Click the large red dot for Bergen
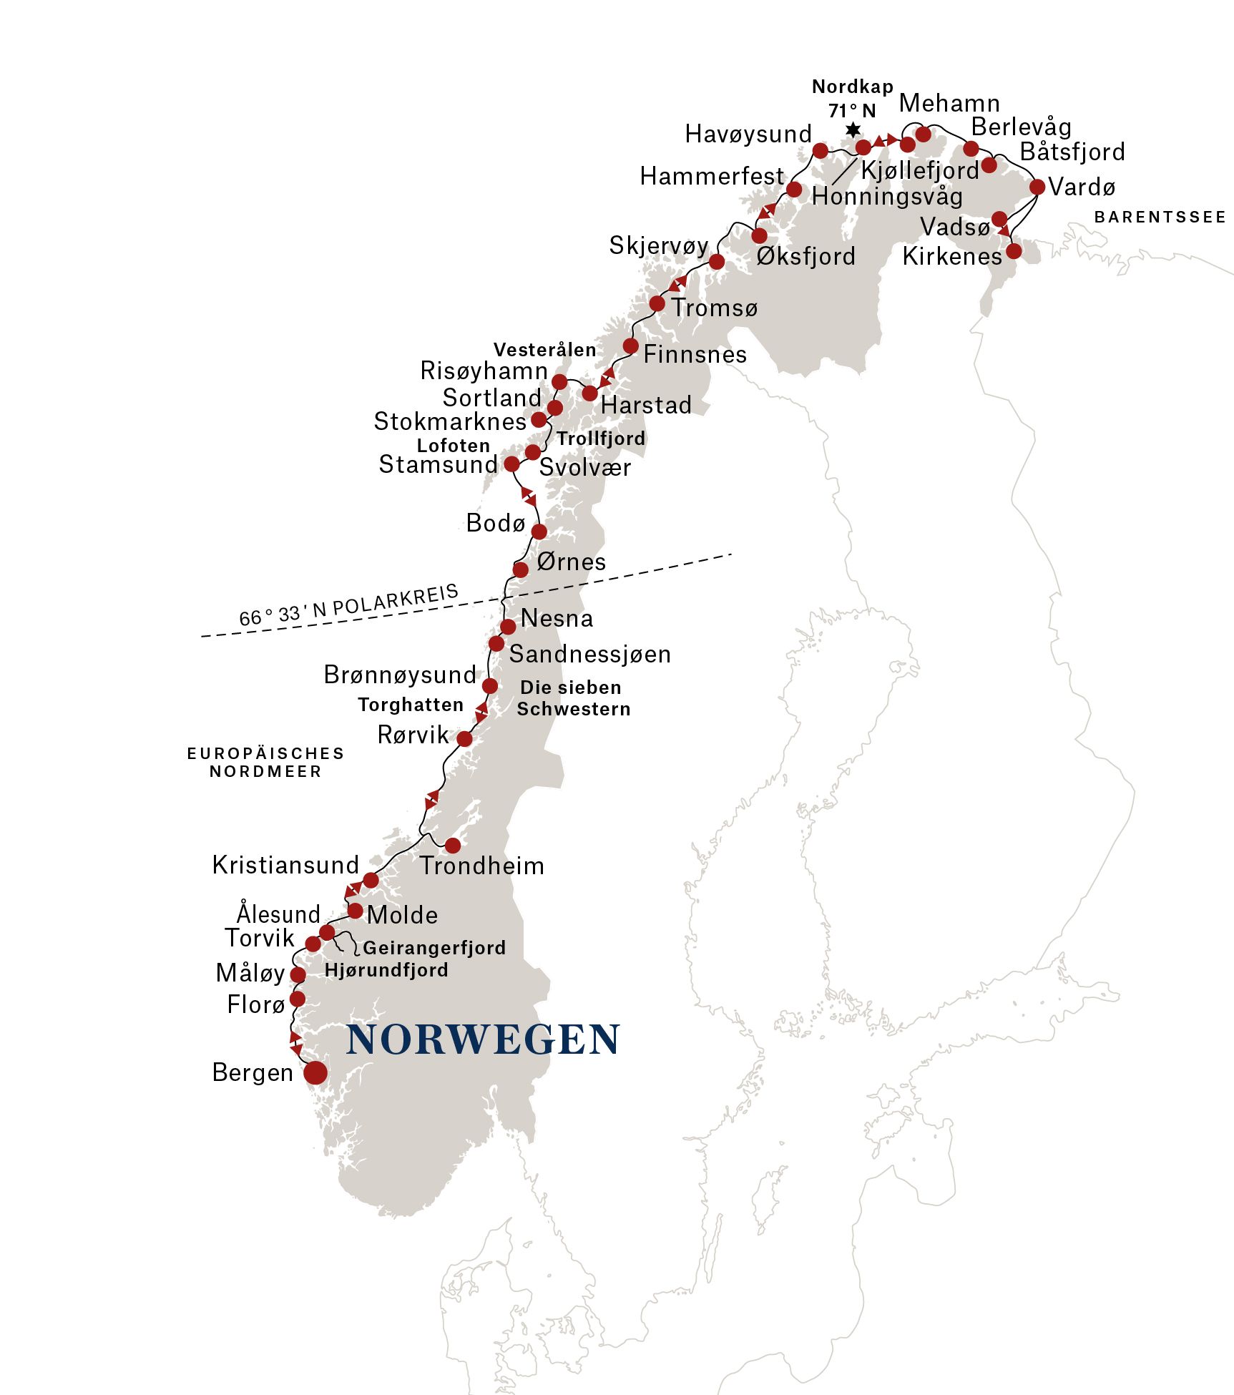tap(315, 1072)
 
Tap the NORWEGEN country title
tap(483, 1040)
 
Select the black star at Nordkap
tap(853, 130)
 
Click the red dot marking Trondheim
tap(453, 846)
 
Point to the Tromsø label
tap(714, 308)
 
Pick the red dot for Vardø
tap(1037, 187)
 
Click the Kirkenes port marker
tap(1014, 251)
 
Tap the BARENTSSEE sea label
tap(1160, 217)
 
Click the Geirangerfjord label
tap(434, 948)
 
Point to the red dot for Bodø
tap(539, 532)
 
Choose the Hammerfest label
tap(712, 176)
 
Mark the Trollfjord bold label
tap(601, 439)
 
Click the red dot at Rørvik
tap(464, 739)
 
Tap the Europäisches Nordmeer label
tap(265, 762)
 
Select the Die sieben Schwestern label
tap(573, 698)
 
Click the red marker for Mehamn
tap(923, 134)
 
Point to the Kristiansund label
tap(285, 865)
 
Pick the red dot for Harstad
tap(589, 393)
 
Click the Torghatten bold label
tap(411, 705)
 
